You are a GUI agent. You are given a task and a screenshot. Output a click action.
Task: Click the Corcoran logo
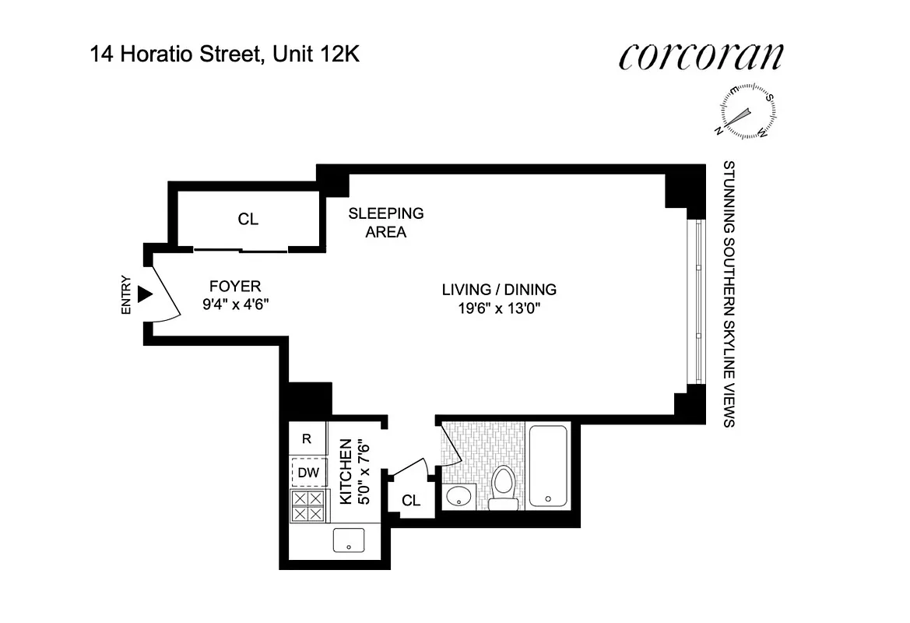[701, 57]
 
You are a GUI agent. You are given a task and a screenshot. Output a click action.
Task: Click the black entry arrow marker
[144, 294]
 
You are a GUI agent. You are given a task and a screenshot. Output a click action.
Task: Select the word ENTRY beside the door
[127, 297]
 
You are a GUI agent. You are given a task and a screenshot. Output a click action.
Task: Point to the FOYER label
[235, 286]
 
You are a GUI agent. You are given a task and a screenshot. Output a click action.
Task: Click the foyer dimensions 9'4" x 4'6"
[235, 304]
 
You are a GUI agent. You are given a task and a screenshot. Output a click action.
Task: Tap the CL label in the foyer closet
[248, 220]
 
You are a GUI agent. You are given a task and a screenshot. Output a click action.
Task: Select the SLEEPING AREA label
[386, 222]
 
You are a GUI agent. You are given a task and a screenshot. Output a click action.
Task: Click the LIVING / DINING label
[499, 290]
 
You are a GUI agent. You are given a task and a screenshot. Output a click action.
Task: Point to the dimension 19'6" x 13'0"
[499, 308]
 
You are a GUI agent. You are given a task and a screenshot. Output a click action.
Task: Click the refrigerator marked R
[307, 439]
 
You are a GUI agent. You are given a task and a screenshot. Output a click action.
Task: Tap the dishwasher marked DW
[308, 472]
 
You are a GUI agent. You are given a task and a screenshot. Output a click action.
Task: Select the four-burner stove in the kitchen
[307, 506]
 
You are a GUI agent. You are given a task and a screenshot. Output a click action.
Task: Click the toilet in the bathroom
[504, 487]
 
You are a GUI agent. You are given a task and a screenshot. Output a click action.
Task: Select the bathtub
[549, 466]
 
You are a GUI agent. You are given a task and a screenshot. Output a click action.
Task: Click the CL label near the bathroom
[411, 501]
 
